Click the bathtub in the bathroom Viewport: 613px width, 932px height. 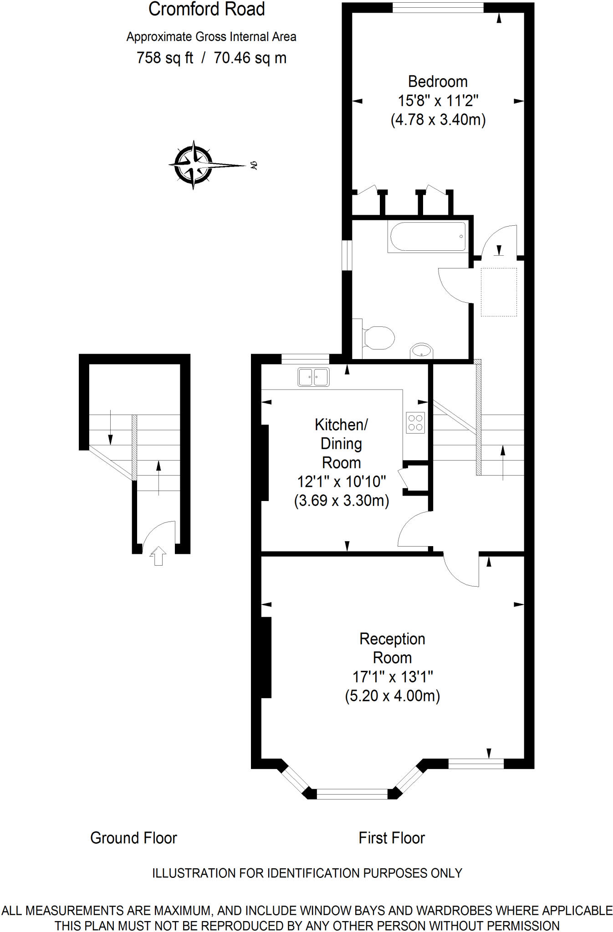(x=427, y=236)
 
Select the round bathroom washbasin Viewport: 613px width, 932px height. (x=421, y=351)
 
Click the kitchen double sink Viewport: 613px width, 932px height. (x=313, y=377)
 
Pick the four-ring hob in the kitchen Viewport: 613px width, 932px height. (x=415, y=422)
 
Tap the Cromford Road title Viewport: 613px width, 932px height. (x=206, y=9)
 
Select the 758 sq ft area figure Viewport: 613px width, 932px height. (x=165, y=58)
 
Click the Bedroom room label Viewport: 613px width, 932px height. (x=438, y=81)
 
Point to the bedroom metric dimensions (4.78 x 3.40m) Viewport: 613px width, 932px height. (x=438, y=120)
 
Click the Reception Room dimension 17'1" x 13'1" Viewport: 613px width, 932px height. (x=392, y=677)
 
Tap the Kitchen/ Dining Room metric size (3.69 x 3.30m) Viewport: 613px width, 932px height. (x=342, y=501)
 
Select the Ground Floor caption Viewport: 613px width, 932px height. (x=133, y=838)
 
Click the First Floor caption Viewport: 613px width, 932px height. (x=392, y=838)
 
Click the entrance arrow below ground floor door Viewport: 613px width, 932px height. (x=158, y=556)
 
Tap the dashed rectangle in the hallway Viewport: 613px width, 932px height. (x=499, y=292)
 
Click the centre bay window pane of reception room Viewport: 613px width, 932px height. (x=352, y=794)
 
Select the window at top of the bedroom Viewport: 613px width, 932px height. (x=438, y=7)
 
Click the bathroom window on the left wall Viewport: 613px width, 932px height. (x=347, y=255)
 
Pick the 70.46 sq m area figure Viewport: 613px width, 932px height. (x=250, y=58)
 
